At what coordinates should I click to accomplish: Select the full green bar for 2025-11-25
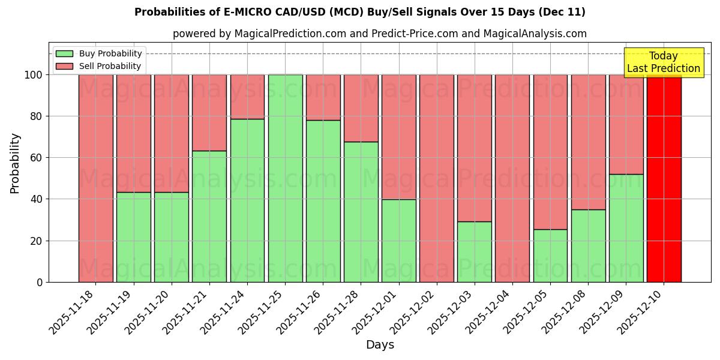click(285, 178)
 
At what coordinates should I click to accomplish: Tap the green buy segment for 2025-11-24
click(247, 200)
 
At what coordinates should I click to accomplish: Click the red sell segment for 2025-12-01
click(399, 137)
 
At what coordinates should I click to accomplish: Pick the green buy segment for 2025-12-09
click(626, 228)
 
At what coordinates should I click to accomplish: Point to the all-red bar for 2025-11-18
click(95, 178)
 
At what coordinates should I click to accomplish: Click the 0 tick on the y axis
click(40, 282)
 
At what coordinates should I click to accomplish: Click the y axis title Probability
click(15, 163)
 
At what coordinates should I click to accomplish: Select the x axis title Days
click(380, 345)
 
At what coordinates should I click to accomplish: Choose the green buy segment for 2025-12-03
click(474, 252)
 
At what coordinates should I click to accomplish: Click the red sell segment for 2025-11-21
click(209, 113)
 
